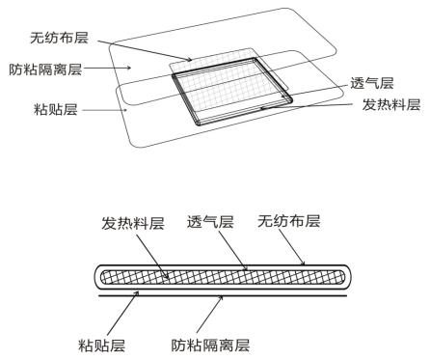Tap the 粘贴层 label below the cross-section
coord(101,343)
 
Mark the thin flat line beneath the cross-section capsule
coord(231,300)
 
